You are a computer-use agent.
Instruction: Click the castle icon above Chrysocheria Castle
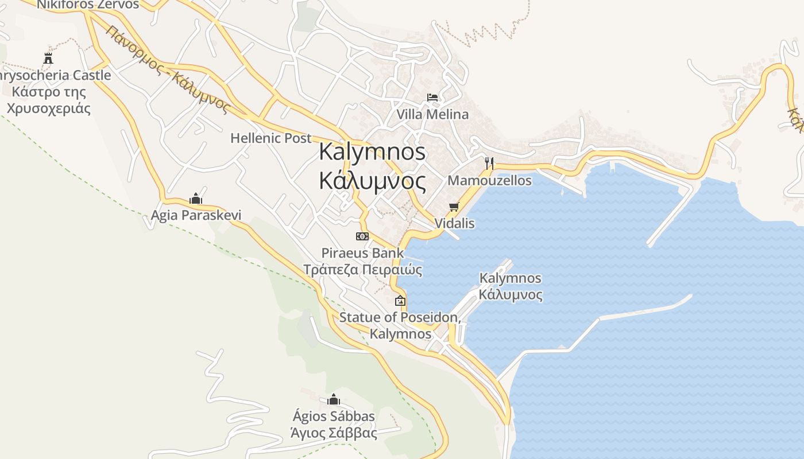coord(48,58)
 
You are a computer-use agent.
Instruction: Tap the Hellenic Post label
coord(271,138)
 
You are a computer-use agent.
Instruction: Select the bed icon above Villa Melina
coord(432,98)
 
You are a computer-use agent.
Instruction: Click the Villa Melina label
coord(432,114)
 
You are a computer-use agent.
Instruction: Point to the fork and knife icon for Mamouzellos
coord(489,163)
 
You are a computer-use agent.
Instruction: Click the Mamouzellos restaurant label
coord(489,180)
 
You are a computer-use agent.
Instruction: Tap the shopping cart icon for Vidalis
coord(454,207)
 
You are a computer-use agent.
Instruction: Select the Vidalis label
coord(455,223)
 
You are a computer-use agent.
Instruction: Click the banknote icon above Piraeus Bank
coord(362,236)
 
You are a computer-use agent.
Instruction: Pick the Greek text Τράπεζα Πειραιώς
coord(362,270)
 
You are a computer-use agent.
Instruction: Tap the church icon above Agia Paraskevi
coord(196,199)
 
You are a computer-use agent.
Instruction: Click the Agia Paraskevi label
coord(196,215)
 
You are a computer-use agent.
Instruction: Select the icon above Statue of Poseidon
coord(400,300)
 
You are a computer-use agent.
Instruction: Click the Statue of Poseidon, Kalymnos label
coord(400,325)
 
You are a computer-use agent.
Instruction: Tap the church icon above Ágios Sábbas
coord(334,399)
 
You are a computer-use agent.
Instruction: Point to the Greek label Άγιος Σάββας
coord(334,433)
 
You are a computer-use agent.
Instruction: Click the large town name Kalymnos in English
coord(372,151)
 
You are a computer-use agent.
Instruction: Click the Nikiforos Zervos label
coord(88,5)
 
